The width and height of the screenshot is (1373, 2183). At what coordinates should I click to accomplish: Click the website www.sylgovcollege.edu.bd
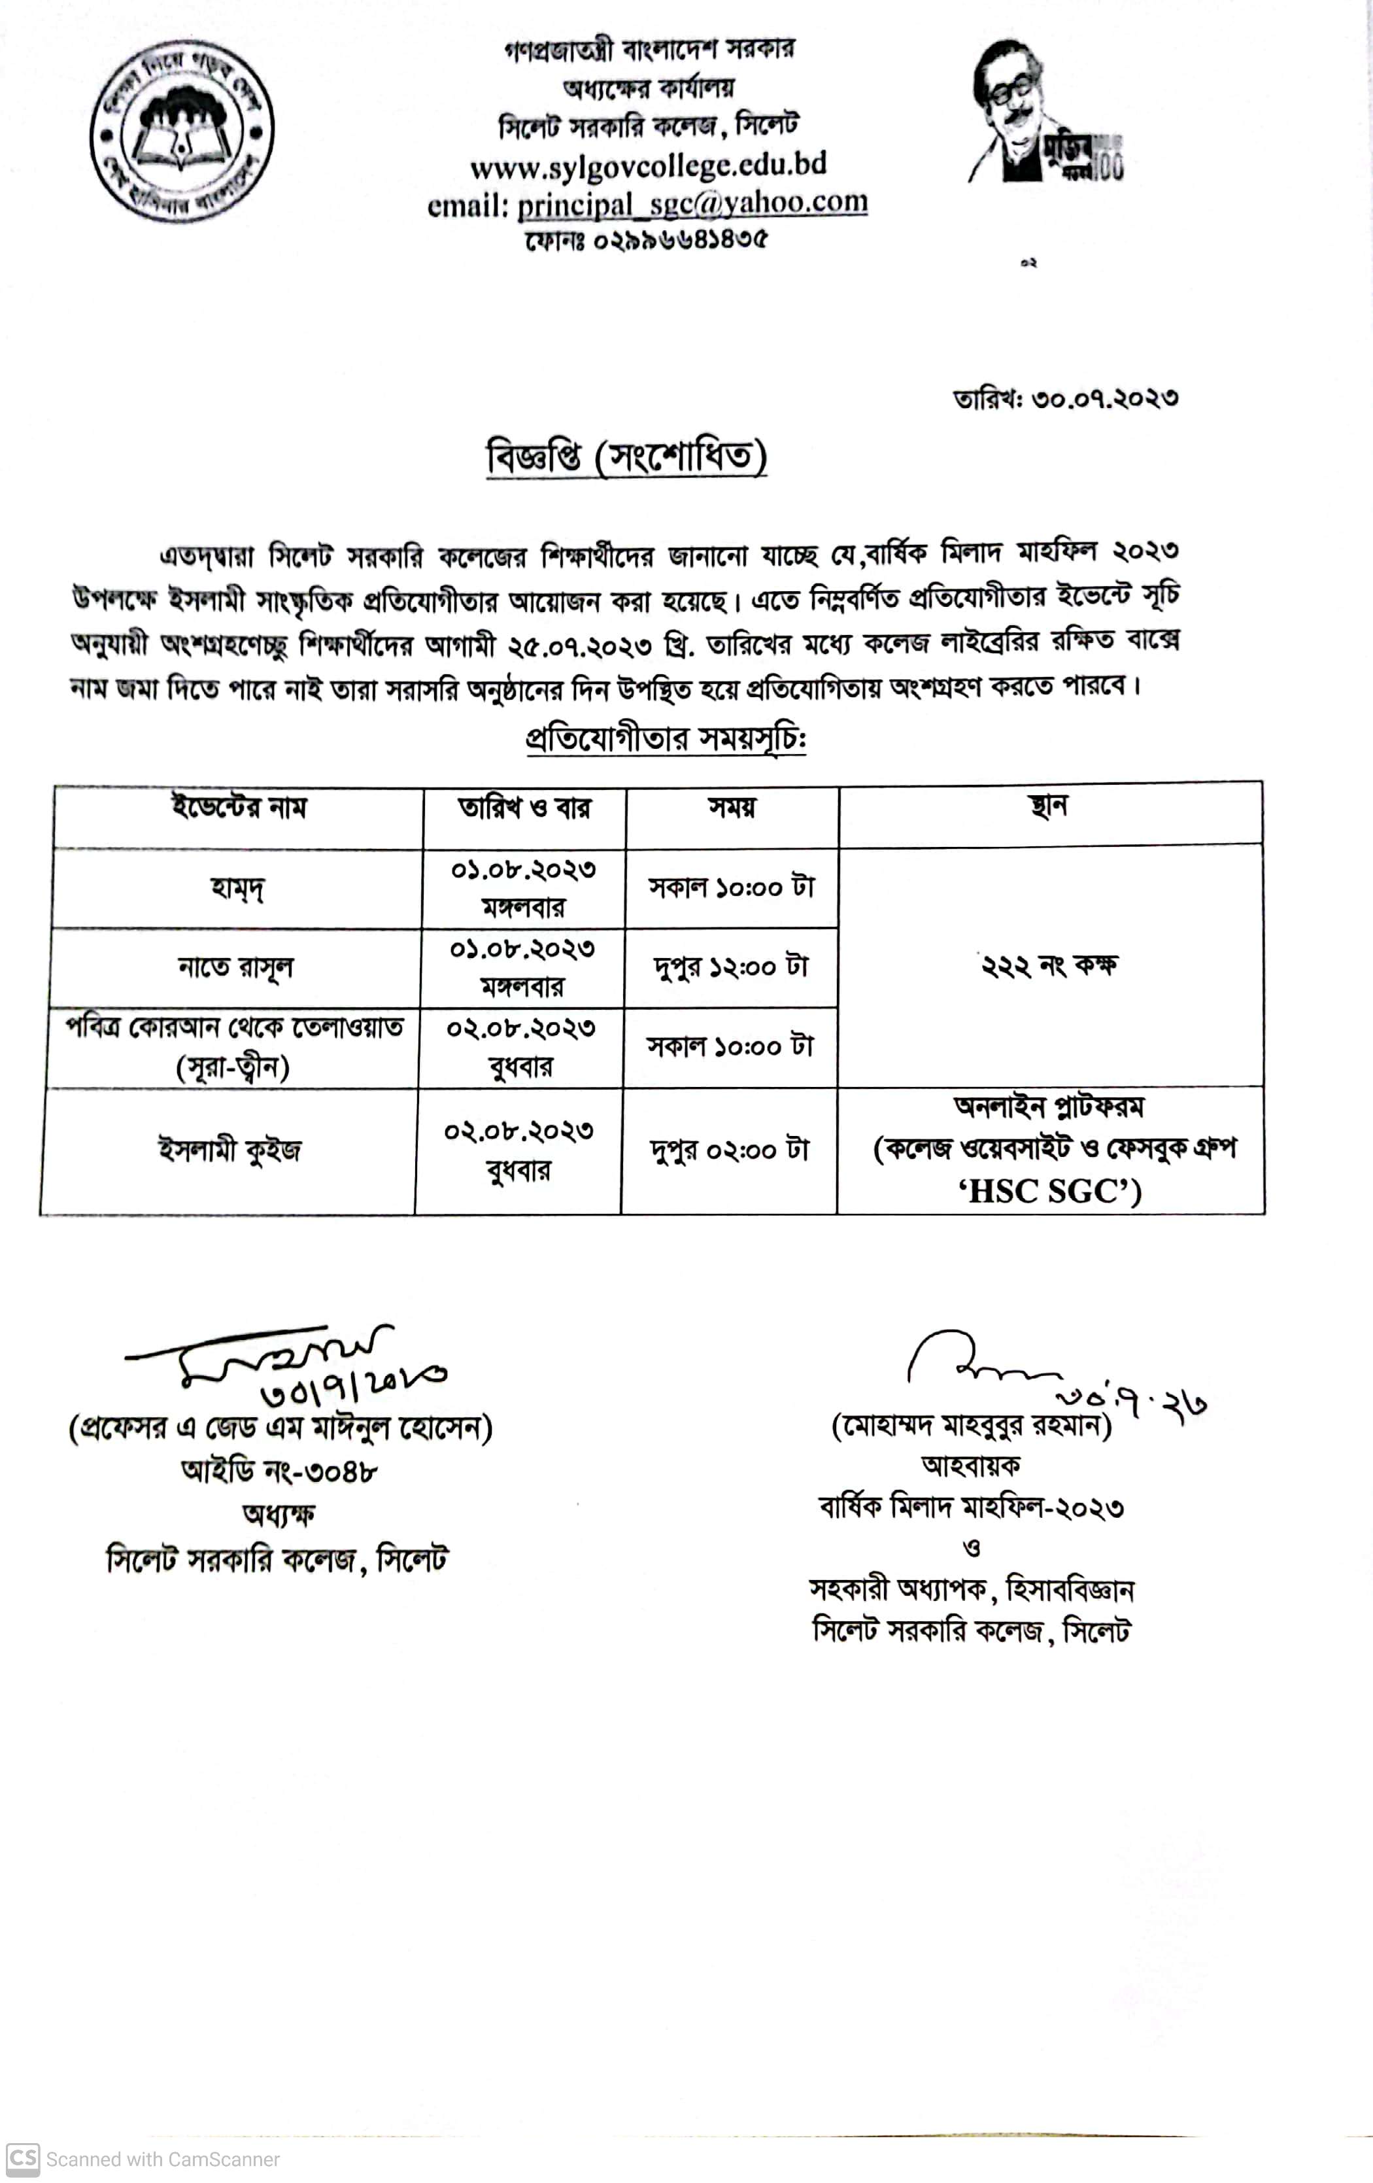(648, 165)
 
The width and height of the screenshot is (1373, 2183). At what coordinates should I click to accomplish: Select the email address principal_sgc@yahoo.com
(692, 203)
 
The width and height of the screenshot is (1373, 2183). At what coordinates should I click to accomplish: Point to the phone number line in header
(645, 240)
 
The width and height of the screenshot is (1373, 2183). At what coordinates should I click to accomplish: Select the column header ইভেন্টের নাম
(239, 807)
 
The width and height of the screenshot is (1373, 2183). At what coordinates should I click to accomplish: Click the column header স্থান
(1049, 806)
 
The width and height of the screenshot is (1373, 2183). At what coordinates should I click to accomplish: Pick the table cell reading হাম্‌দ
(237, 888)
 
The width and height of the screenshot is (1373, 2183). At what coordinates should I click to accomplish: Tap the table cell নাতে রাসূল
(235, 967)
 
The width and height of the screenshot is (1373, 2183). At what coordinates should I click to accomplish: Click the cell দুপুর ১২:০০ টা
(730, 967)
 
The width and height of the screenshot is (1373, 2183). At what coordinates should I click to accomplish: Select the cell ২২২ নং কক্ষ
(1049, 965)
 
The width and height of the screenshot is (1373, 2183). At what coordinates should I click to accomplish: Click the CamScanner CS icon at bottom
(23, 2159)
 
